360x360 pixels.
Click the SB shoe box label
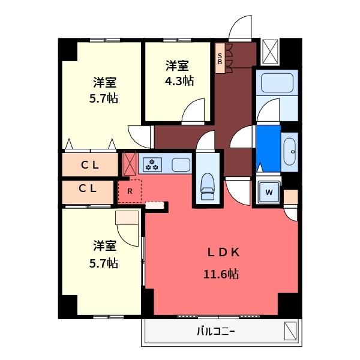point(220,59)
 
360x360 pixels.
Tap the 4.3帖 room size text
point(179,81)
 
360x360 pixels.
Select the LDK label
point(223,253)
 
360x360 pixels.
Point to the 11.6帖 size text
point(221,274)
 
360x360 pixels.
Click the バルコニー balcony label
point(216,332)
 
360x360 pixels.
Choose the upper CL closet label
point(90,165)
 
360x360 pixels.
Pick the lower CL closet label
point(88,188)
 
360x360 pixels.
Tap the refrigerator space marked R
point(130,191)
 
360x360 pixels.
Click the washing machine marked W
point(269,192)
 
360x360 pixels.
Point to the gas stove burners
point(152,164)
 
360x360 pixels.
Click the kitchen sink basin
point(181,164)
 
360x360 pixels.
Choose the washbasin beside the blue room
point(290,152)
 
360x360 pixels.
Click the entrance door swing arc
point(240,27)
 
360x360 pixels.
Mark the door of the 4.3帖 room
point(193,112)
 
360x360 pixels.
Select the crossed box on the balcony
point(290,331)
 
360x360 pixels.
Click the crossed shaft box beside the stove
point(130,163)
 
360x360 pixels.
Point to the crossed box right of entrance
point(270,52)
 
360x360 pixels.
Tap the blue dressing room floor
point(268,148)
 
